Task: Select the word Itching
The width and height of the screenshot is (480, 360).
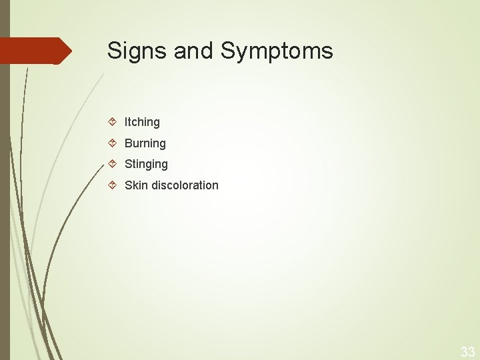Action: (x=142, y=122)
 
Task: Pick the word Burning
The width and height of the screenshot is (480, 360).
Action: (x=145, y=143)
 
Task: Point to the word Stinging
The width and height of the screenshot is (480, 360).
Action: (x=146, y=164)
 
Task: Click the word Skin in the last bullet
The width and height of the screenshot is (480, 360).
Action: (x=136, y=185)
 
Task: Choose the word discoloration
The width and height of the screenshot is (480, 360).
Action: (x=185, y=185)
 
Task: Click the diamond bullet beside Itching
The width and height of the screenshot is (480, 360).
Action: (x=113, y=121)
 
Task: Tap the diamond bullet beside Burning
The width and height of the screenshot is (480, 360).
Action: (x=113, y=143)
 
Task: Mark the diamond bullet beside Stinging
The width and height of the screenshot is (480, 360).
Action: (x=113, y=163)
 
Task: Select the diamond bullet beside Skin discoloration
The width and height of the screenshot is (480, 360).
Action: (x=113, y=185)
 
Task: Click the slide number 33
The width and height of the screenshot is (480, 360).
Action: (x=467, y=352)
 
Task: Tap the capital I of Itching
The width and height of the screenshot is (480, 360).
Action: (x=126, y=122)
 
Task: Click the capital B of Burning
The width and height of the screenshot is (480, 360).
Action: (x=129, y=143)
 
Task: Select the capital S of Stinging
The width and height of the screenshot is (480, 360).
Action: (x=129, y=164)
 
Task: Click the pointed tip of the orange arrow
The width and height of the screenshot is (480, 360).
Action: (x=71, y=51)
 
